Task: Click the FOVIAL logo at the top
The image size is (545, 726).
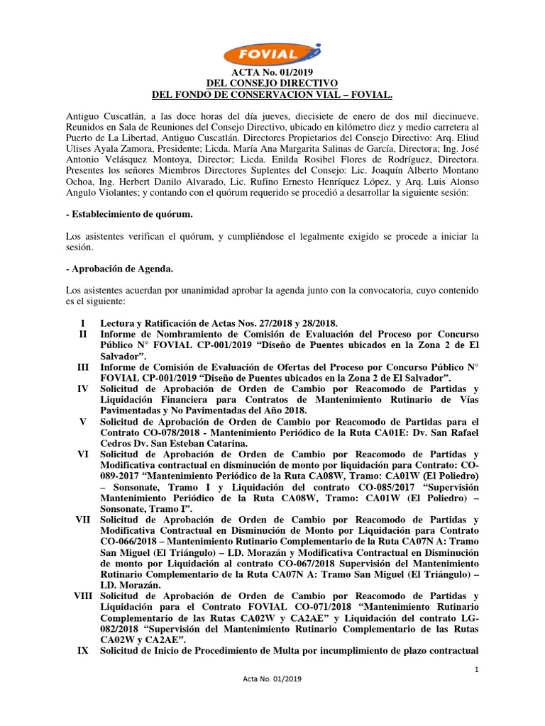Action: (272, 53)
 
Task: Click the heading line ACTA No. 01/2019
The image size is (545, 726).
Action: (272, 72)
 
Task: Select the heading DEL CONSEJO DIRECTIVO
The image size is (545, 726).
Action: (272, 83)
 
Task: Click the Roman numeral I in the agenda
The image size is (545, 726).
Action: (83, 323)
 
